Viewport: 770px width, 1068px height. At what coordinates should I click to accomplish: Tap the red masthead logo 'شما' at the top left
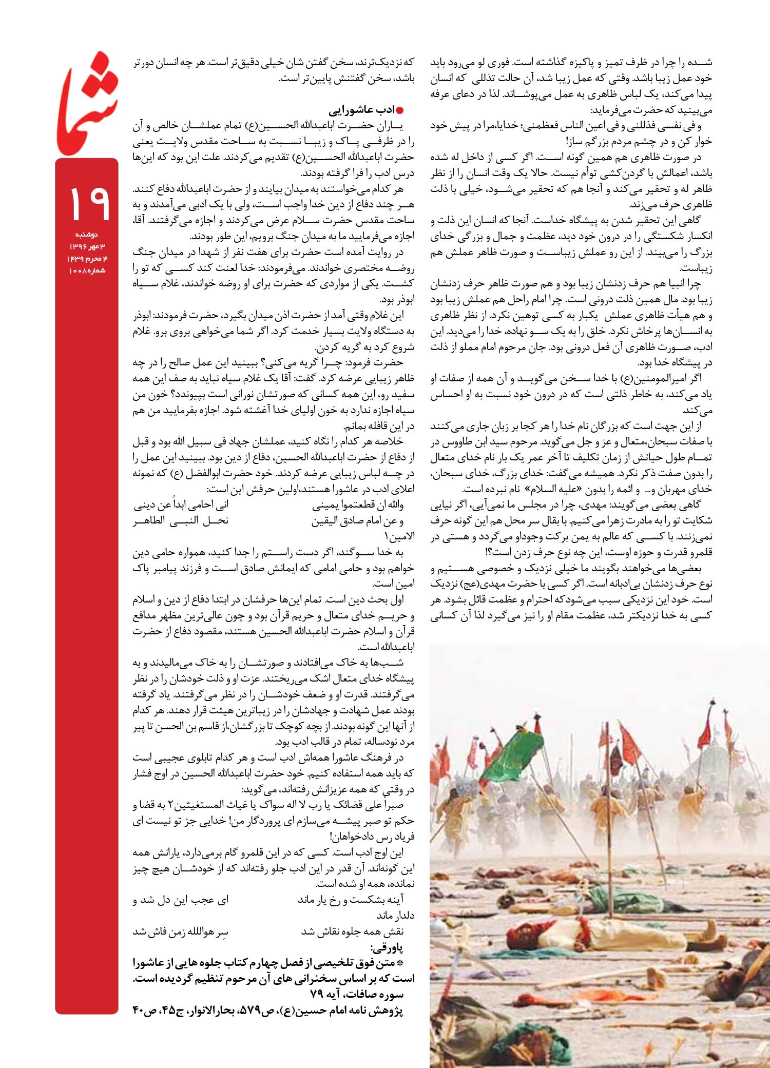87,103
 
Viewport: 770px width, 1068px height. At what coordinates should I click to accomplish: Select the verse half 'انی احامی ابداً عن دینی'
181,505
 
